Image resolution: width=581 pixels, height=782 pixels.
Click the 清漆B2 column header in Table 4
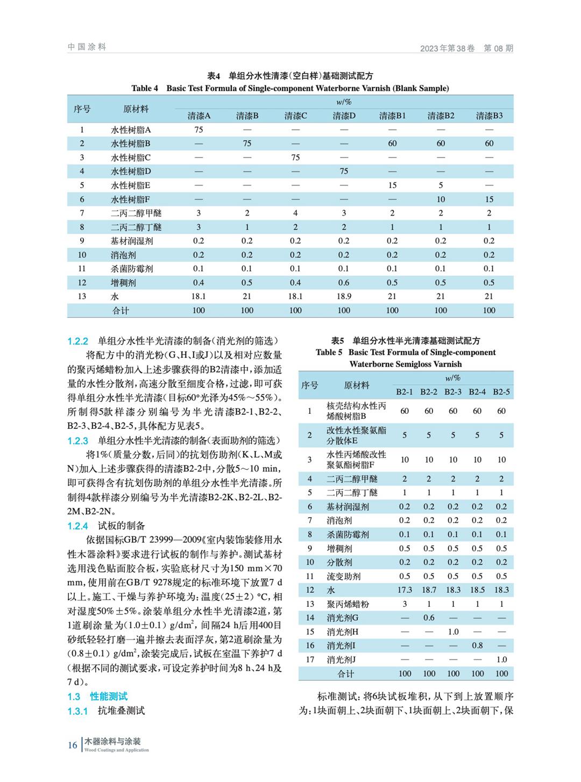tap(441, 116)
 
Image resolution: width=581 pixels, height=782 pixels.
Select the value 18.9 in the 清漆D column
tap(344, 296)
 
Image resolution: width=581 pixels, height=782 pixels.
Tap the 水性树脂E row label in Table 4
tap(131, 185)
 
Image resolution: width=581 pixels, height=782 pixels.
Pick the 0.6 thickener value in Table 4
tap(344, 283)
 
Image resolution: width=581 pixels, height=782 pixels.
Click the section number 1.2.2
tap(77, 341)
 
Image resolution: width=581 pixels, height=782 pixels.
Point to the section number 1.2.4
tap(77, 526)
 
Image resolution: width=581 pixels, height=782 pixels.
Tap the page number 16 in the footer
tap(72, 745)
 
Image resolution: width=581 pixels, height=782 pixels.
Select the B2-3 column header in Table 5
tap(453, 392)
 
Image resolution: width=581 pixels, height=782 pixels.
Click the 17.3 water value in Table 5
tap(405, 590)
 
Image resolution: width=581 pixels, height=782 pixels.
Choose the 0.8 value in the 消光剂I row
tap(477, 645)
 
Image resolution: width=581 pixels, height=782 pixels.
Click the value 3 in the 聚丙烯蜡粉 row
tap(405, 604)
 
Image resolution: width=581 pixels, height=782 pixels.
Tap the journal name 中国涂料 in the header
tap(87, 47)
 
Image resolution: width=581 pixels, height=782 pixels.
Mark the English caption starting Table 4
tap(290, 88)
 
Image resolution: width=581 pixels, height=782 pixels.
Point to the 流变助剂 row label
tap(343, 576)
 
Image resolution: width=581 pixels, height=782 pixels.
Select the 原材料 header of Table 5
tap(357, 385)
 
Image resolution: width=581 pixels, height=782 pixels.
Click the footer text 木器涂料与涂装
tap(112, 742)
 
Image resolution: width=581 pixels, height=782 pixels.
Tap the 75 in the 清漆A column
tap(199, 130)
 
